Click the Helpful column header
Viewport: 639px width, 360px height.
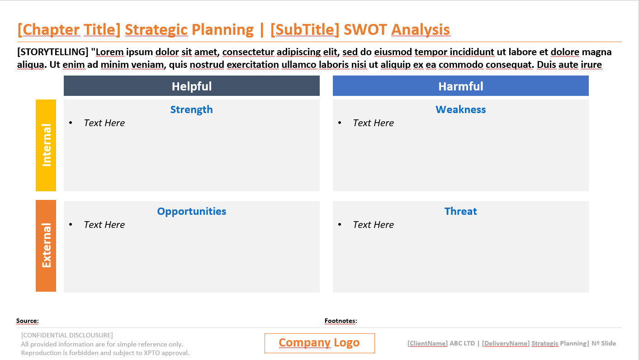191,86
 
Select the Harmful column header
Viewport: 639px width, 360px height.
460,86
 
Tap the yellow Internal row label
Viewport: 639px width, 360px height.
46,145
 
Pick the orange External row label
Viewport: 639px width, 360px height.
46,246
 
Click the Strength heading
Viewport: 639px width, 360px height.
191,109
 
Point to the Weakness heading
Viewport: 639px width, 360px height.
460,109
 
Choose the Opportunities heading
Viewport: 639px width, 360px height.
191,211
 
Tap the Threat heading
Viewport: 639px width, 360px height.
460,211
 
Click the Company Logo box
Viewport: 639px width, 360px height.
319,343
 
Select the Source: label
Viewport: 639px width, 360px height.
28,321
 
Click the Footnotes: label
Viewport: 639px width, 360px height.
341,321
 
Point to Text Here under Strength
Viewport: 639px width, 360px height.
104,123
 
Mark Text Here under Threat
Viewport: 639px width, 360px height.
373,225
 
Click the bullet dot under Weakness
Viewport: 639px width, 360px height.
340,123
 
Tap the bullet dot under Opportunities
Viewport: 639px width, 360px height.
71,225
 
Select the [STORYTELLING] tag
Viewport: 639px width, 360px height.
53,52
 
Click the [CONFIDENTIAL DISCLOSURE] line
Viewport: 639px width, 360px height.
67,335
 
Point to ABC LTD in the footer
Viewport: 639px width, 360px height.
462,343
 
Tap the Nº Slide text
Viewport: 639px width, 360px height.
604,343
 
